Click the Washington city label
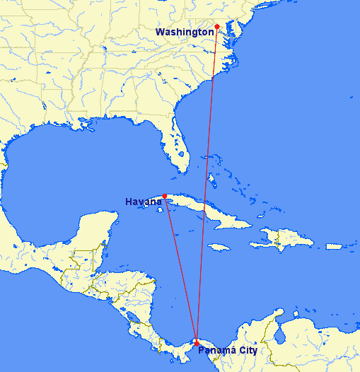point(184,32)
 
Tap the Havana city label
point(144,202)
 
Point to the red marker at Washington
point(217,27)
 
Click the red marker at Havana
point(165,196)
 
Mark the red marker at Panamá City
point(196,342)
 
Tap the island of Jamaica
point(220,246)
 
